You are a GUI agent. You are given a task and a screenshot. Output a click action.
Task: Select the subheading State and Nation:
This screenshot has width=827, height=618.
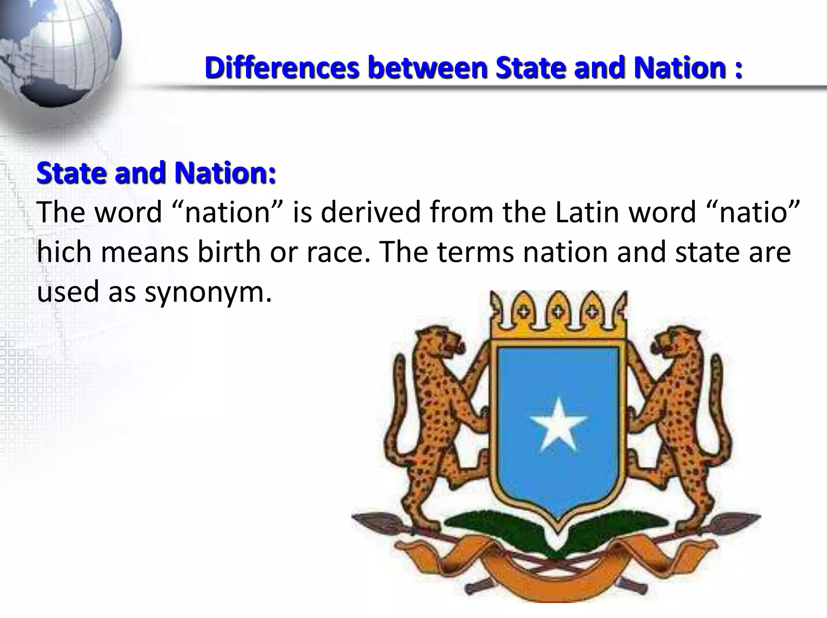[156, 173]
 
